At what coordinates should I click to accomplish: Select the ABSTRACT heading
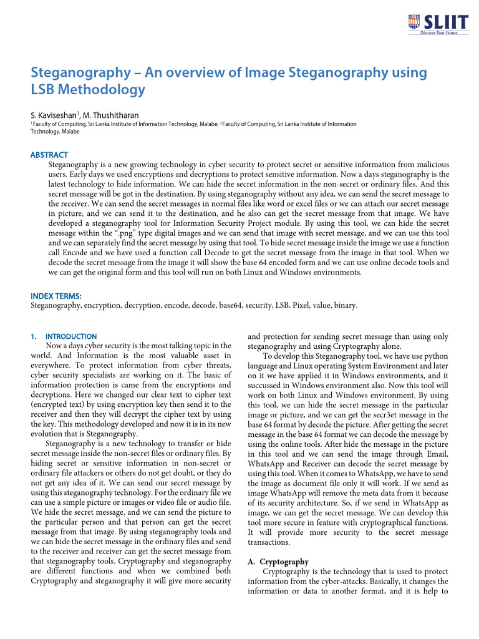point(49,155)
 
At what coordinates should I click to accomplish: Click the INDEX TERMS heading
point(56,296)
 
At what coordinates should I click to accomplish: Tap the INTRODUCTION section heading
point(71,336)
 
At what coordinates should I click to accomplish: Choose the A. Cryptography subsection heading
point(279,562)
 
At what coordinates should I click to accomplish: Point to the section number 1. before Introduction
point(34,336)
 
